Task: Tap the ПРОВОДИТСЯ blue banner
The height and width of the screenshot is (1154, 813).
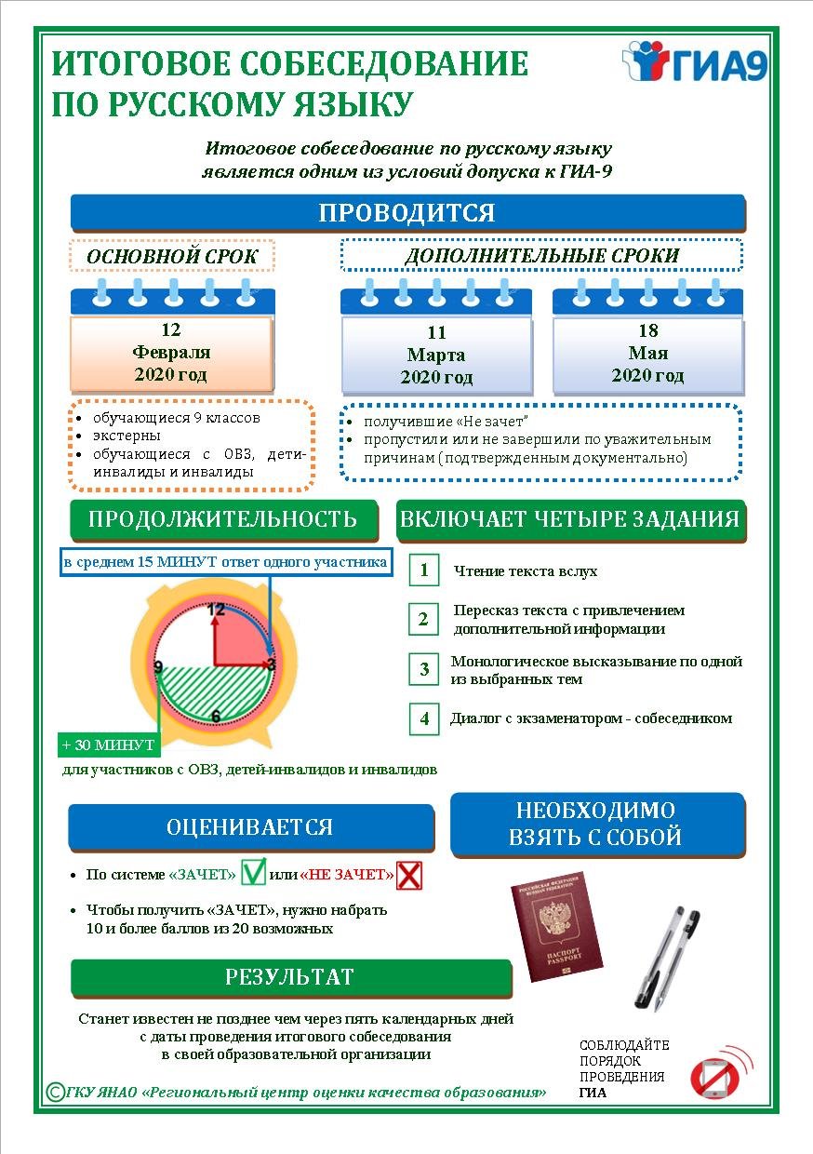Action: coord(407,212)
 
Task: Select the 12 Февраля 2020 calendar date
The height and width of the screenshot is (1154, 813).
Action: coord(171,353)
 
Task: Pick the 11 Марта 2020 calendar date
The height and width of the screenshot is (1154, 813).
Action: coord(436,355)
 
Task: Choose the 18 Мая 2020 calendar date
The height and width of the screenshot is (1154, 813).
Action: coord(648,353)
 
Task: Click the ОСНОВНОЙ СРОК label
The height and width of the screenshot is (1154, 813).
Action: coord(172,256)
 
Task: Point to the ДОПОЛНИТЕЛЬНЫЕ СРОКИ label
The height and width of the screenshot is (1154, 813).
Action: coord(541,255)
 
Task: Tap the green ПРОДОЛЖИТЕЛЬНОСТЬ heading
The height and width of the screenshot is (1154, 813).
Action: coord(222,519)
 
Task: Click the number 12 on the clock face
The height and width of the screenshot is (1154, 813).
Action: coord(216,611)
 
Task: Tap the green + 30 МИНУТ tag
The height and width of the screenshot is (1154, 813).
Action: coord(109,745)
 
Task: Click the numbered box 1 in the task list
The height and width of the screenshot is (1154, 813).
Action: coord(424,570)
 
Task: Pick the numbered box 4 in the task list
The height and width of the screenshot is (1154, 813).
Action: coord(424,718)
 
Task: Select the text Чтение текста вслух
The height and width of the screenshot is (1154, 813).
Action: coord(526,571)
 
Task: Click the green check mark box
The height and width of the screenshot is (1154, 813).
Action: coord(253,874)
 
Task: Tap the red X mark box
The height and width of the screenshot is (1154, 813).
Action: coord(409,875)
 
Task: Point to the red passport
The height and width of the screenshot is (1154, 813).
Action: coord(555,927)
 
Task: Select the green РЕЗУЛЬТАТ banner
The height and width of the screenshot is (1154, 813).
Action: coord(290,977)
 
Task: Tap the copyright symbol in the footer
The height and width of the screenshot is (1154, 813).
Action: coord(55,1091)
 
